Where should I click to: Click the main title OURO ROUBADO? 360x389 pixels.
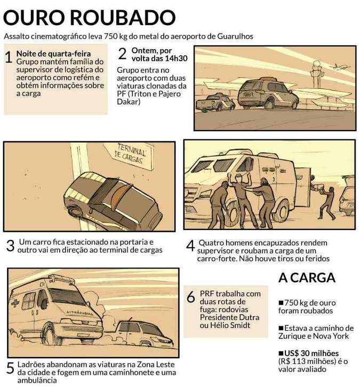89,18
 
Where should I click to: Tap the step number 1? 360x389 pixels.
9,57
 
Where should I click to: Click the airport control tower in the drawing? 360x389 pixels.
317,74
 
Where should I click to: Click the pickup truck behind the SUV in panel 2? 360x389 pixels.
215,102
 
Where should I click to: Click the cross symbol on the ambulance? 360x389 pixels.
16,303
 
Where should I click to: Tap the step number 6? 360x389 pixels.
190,297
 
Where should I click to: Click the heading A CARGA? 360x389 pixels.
307,277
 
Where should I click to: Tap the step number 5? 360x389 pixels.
10,368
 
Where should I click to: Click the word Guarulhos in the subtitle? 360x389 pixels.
235,36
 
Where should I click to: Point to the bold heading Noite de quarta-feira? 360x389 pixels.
53,54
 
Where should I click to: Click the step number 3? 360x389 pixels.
10,245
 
